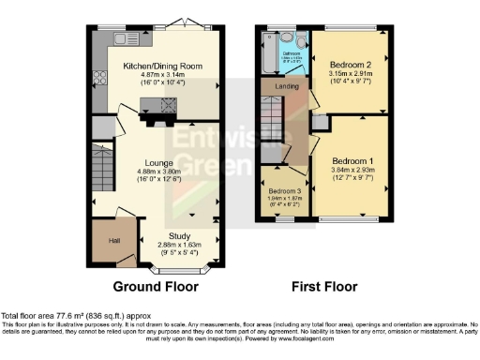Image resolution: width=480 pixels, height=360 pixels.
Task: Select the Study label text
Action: pyautogui.click(x=179, y=236)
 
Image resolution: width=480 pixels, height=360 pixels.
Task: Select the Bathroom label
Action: pyautogui.click(x=292, y=53)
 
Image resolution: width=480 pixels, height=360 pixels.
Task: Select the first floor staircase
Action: pyautogui.click(x=271, y=122)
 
